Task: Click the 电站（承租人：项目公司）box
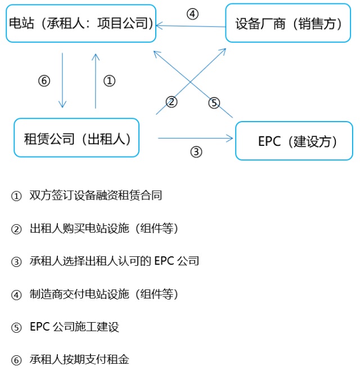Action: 81,23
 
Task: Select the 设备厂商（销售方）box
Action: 289,23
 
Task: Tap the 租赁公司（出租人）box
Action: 76,138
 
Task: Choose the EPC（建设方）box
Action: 294,141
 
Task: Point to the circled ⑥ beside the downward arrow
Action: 44,81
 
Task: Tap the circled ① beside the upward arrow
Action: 110,81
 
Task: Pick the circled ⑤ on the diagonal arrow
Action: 214,102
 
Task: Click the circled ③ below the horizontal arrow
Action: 196,151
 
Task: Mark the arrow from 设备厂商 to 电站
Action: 191,26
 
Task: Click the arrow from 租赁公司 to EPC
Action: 196,137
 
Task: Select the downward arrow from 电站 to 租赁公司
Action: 62,81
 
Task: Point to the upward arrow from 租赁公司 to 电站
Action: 96,81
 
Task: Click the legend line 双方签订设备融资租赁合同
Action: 96,195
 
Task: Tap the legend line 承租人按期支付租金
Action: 79,359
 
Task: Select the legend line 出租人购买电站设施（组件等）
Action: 104,228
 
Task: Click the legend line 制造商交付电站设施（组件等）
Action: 104,294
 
